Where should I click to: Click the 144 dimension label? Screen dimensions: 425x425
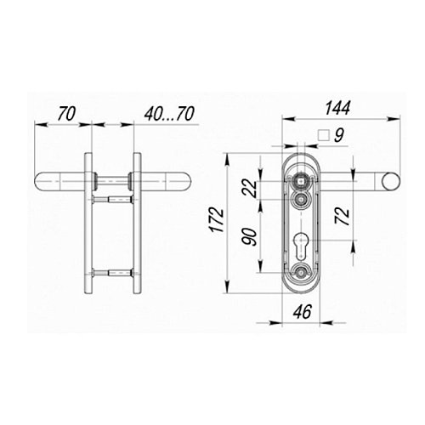tap(337, 107)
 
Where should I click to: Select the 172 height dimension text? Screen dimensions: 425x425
tap(218, 220)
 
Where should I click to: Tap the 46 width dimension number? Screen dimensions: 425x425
tap(303, 312)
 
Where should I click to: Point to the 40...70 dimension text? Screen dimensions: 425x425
tap(169, 114)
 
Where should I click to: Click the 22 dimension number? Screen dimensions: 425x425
tap(250, 189)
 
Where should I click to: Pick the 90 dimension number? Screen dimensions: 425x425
tap(249, 237)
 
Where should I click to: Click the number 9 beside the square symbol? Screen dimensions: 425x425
tap(339, 135)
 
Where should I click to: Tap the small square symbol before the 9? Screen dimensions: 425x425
tap(324, 135)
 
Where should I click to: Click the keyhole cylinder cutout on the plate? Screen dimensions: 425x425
tap(300, 245)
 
